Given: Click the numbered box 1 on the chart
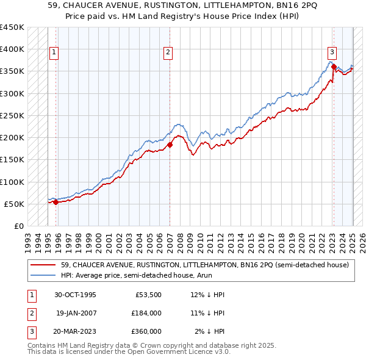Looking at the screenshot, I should point(54,52).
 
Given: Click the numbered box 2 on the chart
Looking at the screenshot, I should point(167,52).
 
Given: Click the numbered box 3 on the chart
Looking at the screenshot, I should point(332,52).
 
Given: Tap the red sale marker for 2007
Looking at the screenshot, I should point(170,145).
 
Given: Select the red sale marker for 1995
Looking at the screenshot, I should point(56,203).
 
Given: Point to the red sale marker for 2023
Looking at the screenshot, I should point(334,67).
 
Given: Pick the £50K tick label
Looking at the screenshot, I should point(14,204).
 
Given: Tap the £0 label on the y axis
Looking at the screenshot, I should point(18,226).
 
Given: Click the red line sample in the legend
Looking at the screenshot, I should point(43,265).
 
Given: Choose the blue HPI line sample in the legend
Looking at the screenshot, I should point(43,275).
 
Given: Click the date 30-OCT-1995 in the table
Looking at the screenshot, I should point(75,295).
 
